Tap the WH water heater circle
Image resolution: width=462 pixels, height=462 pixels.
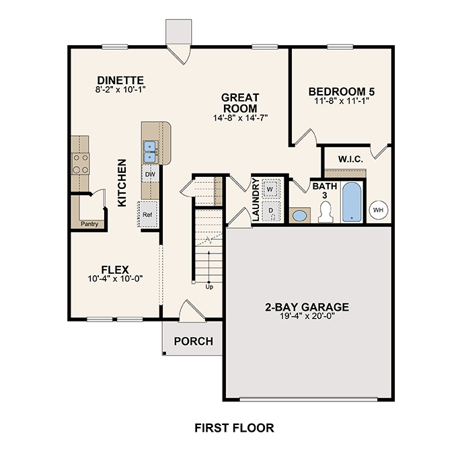point(378,208)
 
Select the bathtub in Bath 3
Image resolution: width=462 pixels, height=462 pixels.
point(352,202)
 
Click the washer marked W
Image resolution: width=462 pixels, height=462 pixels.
point(270,189)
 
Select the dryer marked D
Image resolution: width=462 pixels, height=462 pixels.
point(270,210)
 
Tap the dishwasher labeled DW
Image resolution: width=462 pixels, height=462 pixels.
point(151,175)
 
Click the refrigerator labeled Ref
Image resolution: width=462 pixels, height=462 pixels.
point(148,215)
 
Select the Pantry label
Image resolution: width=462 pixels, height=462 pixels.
point(89,223)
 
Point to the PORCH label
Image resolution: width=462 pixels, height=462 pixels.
point(194,342)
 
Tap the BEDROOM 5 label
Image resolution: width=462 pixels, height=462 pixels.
point(341,91)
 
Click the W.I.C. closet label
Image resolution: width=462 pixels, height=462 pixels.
point(351,160)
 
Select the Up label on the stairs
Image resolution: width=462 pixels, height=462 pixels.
point(210,287)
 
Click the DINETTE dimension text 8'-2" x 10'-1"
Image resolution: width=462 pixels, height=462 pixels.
point(120,89)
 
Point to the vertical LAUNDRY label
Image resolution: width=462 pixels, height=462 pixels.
point(256,199)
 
